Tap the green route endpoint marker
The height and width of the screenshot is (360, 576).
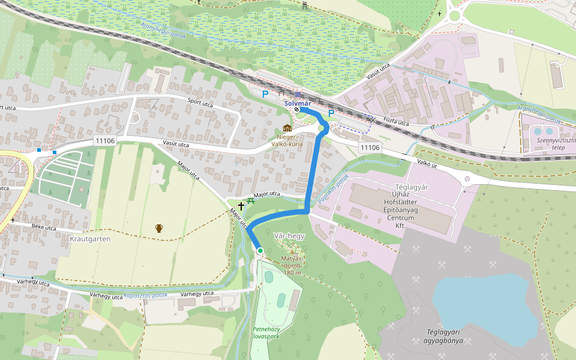pos(260,250)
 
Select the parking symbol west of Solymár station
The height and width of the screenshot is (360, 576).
pos(265,94)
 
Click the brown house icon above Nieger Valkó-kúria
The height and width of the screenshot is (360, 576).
pos(287,128)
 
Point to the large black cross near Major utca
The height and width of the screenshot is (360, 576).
pos(241,206)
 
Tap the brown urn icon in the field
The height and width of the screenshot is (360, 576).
pos(159,228)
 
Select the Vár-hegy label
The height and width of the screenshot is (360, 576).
pos(289,236)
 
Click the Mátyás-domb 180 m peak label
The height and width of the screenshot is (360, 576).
pos(293,264)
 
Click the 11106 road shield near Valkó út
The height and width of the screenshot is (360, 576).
pos(370,147)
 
